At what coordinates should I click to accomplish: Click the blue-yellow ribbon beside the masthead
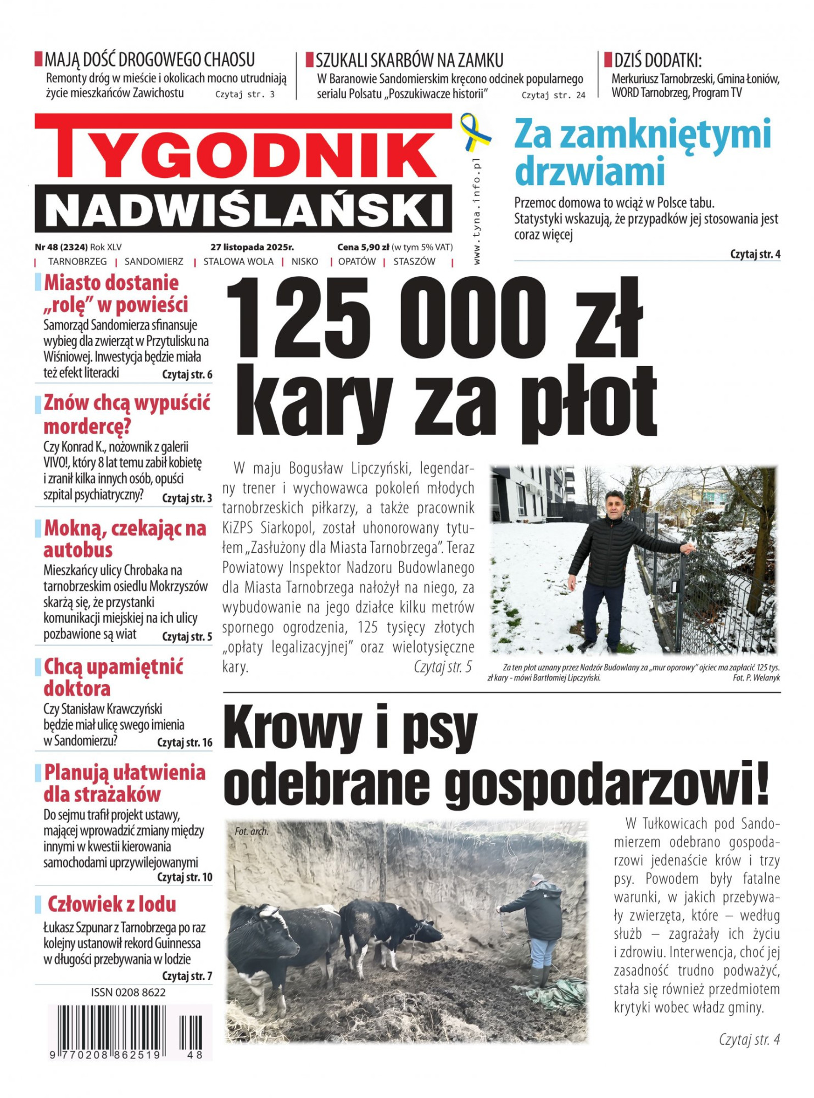point(474,132)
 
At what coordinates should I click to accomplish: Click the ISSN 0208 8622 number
point(128,993)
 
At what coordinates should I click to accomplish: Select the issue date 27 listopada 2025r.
point(252,247)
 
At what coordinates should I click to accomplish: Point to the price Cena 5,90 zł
point(363,247)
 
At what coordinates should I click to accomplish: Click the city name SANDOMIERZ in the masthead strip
point(154,262)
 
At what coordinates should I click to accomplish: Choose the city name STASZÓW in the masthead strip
point(414,262)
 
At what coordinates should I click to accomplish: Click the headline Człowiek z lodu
point(111,904)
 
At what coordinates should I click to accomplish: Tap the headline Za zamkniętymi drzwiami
point(642,152)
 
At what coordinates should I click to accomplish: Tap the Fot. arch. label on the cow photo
point(252,831)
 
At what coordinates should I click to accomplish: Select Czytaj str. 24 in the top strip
point(553,96)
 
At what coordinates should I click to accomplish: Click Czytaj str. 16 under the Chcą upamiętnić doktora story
point(185,742)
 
